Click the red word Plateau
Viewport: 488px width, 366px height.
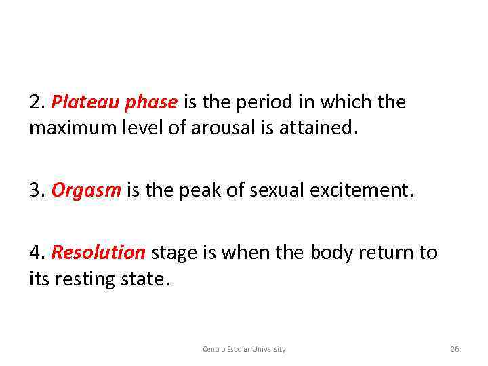[78, 102]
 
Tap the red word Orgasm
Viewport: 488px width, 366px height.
[86, 191]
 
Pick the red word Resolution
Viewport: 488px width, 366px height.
[98, 253]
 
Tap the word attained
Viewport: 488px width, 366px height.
[316, 127]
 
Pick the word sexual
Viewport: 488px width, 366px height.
[276, 191]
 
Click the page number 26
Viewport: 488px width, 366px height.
[455, 349]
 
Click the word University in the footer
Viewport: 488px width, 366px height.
[269, 349]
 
